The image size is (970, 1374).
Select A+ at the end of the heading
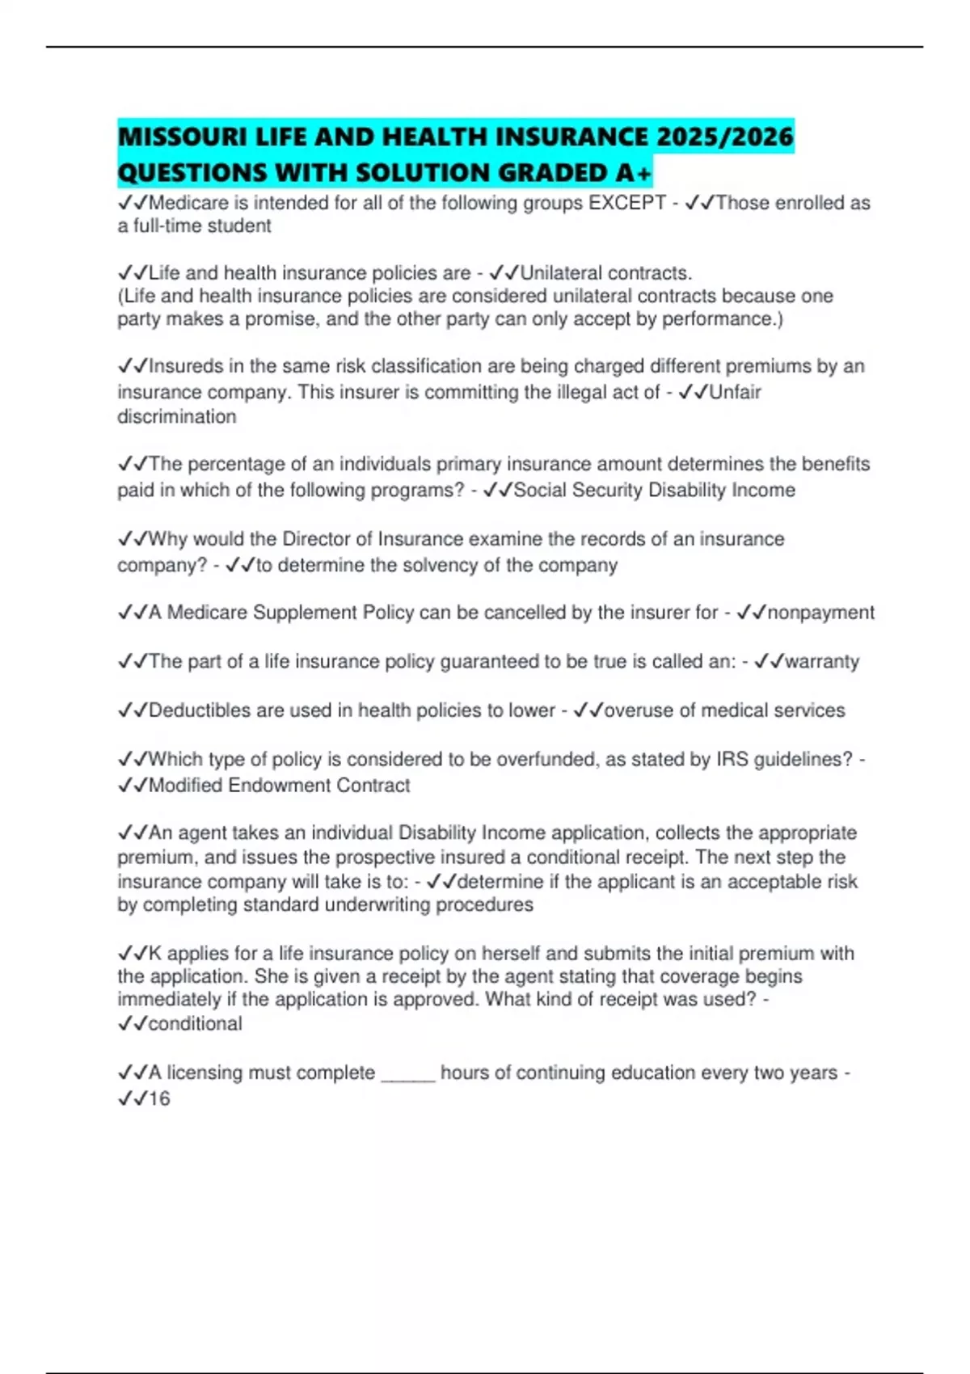click(x=632, y=173)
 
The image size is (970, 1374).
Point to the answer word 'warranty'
click(x=822, y=662)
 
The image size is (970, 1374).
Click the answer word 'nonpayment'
click(x=820, y=613)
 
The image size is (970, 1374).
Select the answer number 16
click(x=159, y=1099)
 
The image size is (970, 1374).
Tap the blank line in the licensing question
click(x=408, y=1074)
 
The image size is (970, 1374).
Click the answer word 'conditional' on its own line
click(x=195, y=1024)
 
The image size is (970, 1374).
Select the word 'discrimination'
click(x=177, y=417)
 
